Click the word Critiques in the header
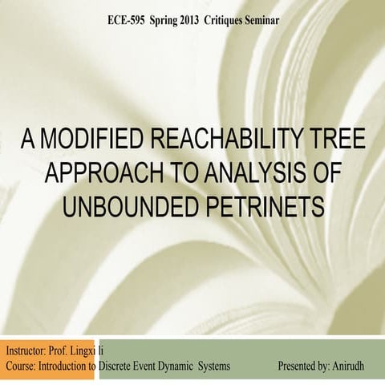click(238, 18)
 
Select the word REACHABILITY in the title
click(233, 147)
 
